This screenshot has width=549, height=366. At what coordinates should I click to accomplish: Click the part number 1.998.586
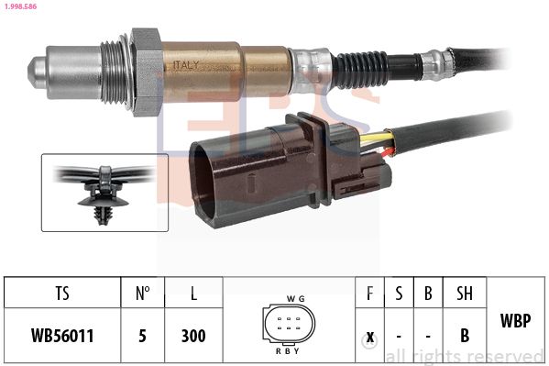tap(20, 6)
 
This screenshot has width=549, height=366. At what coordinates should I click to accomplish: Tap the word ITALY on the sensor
tap(185, 65)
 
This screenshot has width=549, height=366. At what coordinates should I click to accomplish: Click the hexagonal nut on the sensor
tap(146, 72)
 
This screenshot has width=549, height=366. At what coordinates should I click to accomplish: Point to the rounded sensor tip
tap(37, 72)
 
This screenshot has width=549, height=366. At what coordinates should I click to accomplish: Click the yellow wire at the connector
tap(377, 138)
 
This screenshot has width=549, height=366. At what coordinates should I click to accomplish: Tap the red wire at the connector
tap(388, 152)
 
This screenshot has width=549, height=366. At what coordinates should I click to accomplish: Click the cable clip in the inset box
tap(104, 194)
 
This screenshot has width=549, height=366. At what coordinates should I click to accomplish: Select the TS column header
tap(62, 294)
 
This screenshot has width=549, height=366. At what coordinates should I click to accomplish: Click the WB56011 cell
tap(62, 336)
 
